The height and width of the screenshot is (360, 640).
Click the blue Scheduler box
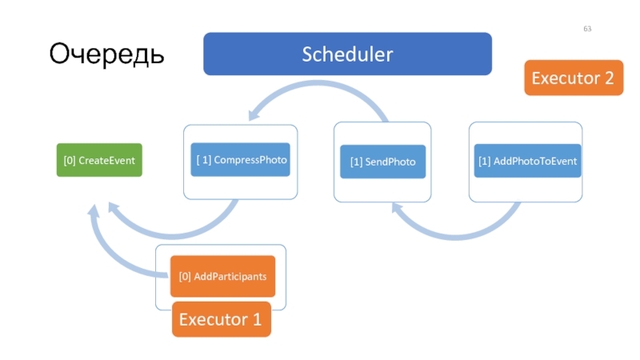(347, 54)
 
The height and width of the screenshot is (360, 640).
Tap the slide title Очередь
(106, 54)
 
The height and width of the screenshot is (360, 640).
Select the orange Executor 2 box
(574, 78)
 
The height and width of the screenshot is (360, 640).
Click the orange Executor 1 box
(222, 319)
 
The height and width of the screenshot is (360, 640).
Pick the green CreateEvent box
(99, 160)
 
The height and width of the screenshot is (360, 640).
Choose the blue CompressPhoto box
(241, 159)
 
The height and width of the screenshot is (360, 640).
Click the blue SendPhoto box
(383, 162)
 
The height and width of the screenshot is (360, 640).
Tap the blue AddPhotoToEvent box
(527, 161)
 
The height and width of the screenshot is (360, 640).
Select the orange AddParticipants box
(222, 276)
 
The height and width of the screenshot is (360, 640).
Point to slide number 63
(587, 29)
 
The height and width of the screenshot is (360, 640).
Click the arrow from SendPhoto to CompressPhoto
(318, 84)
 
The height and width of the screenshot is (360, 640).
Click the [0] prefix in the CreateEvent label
(70, 161)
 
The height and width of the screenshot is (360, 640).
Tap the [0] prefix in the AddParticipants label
(185, 277)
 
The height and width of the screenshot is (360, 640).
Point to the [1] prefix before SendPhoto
(356, 162)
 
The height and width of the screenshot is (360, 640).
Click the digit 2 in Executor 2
(609, 78)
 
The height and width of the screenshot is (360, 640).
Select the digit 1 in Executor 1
(257, 319)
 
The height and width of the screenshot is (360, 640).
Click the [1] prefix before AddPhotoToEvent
(485, 162)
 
